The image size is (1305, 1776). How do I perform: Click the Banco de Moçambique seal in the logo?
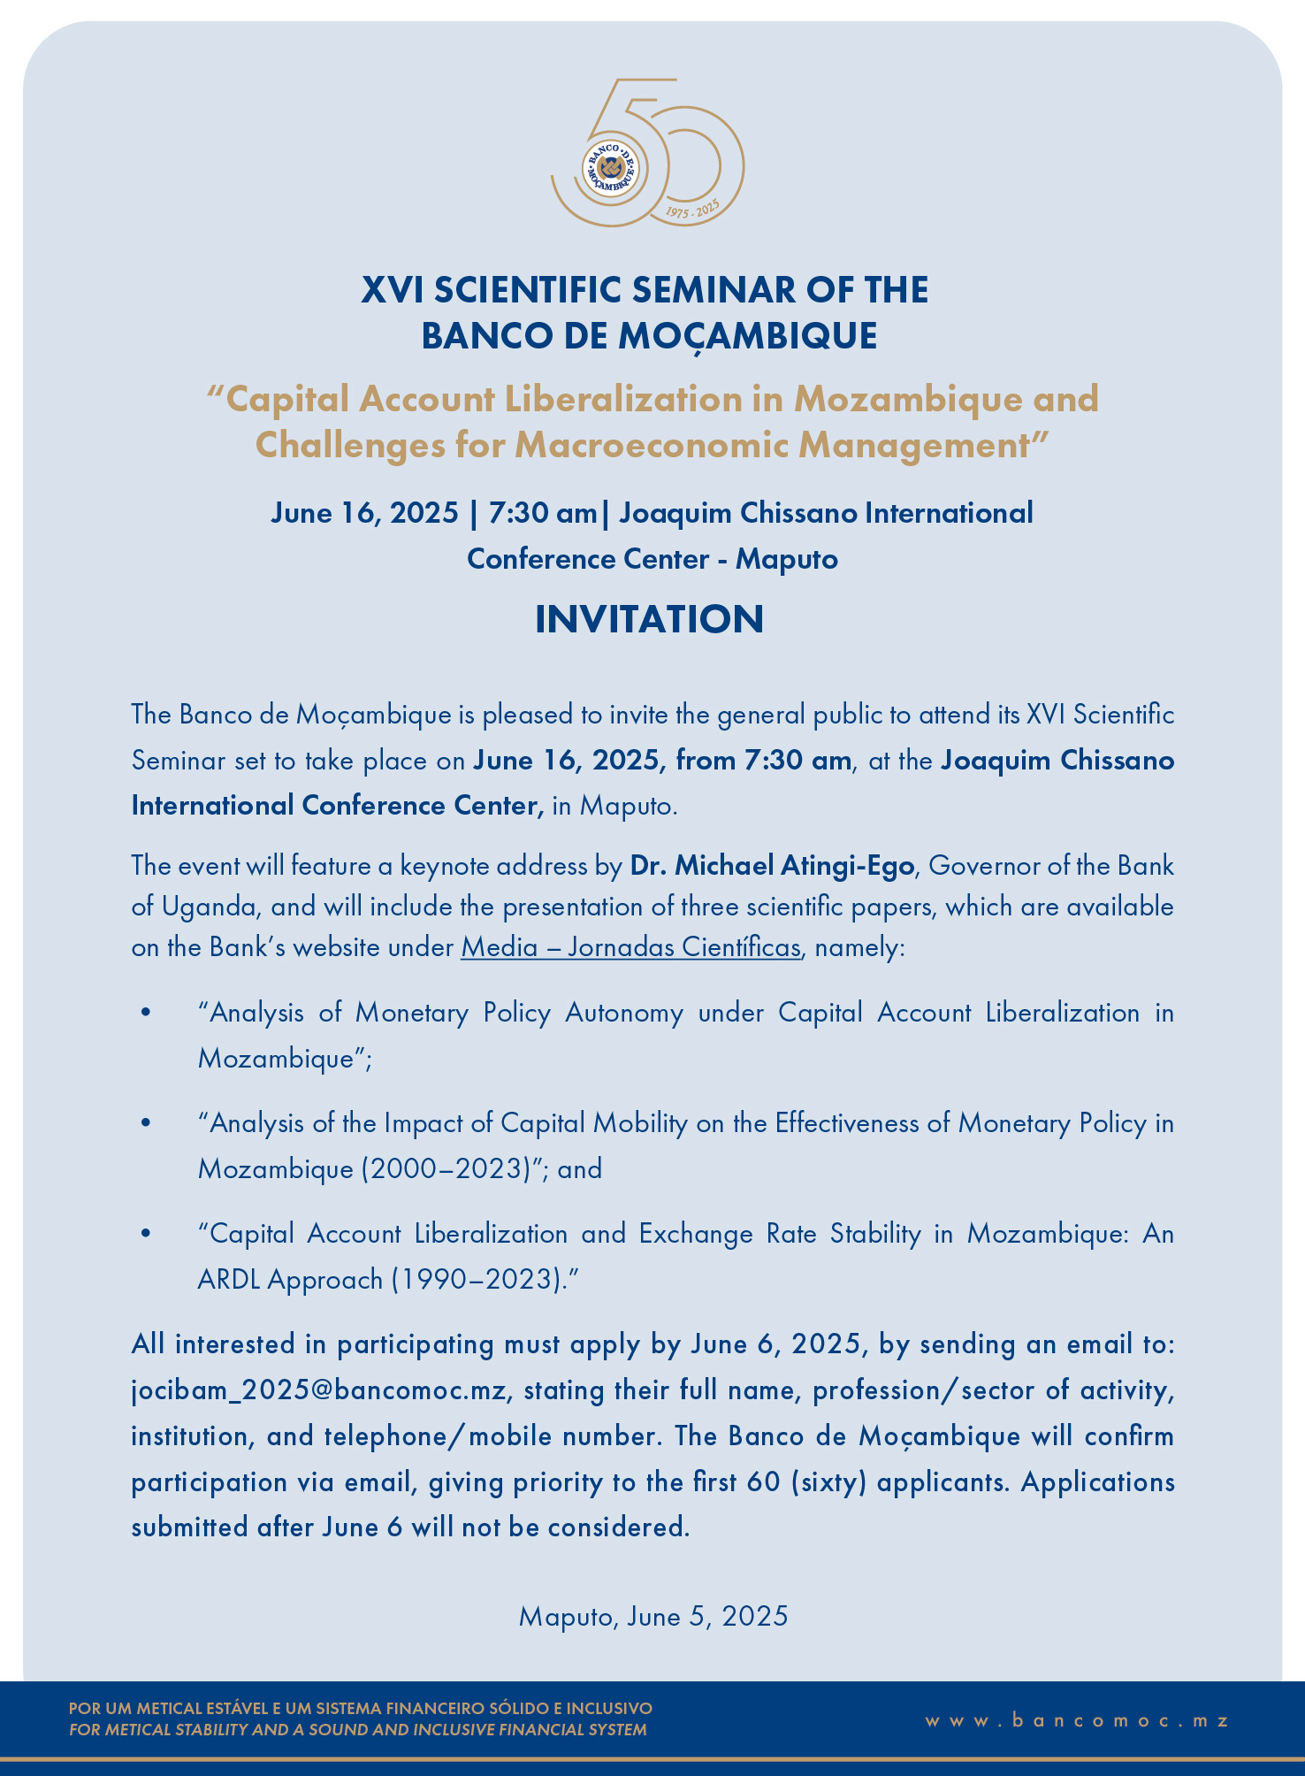[610, 167]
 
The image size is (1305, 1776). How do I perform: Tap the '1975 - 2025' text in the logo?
[692, 211]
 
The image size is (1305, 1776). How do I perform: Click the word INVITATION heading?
[649, 619]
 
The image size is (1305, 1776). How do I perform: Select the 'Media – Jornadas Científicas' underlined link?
[630, 947]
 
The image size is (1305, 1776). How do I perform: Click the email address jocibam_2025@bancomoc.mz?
[318, 1390]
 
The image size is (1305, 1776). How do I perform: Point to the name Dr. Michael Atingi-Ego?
[771, 865]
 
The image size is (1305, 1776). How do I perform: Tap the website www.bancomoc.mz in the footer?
[1077, 1720]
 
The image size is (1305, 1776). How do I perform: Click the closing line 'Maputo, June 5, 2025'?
[652, 1616]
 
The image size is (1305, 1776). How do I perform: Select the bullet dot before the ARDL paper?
[146, 1234]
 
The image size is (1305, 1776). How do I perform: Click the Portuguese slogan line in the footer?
[360, 1708]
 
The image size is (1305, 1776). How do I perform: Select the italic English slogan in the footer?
[357, 1730]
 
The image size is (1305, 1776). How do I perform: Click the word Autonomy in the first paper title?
[623, 1013]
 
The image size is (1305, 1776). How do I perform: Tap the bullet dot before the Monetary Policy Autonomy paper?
[146, 1013]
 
